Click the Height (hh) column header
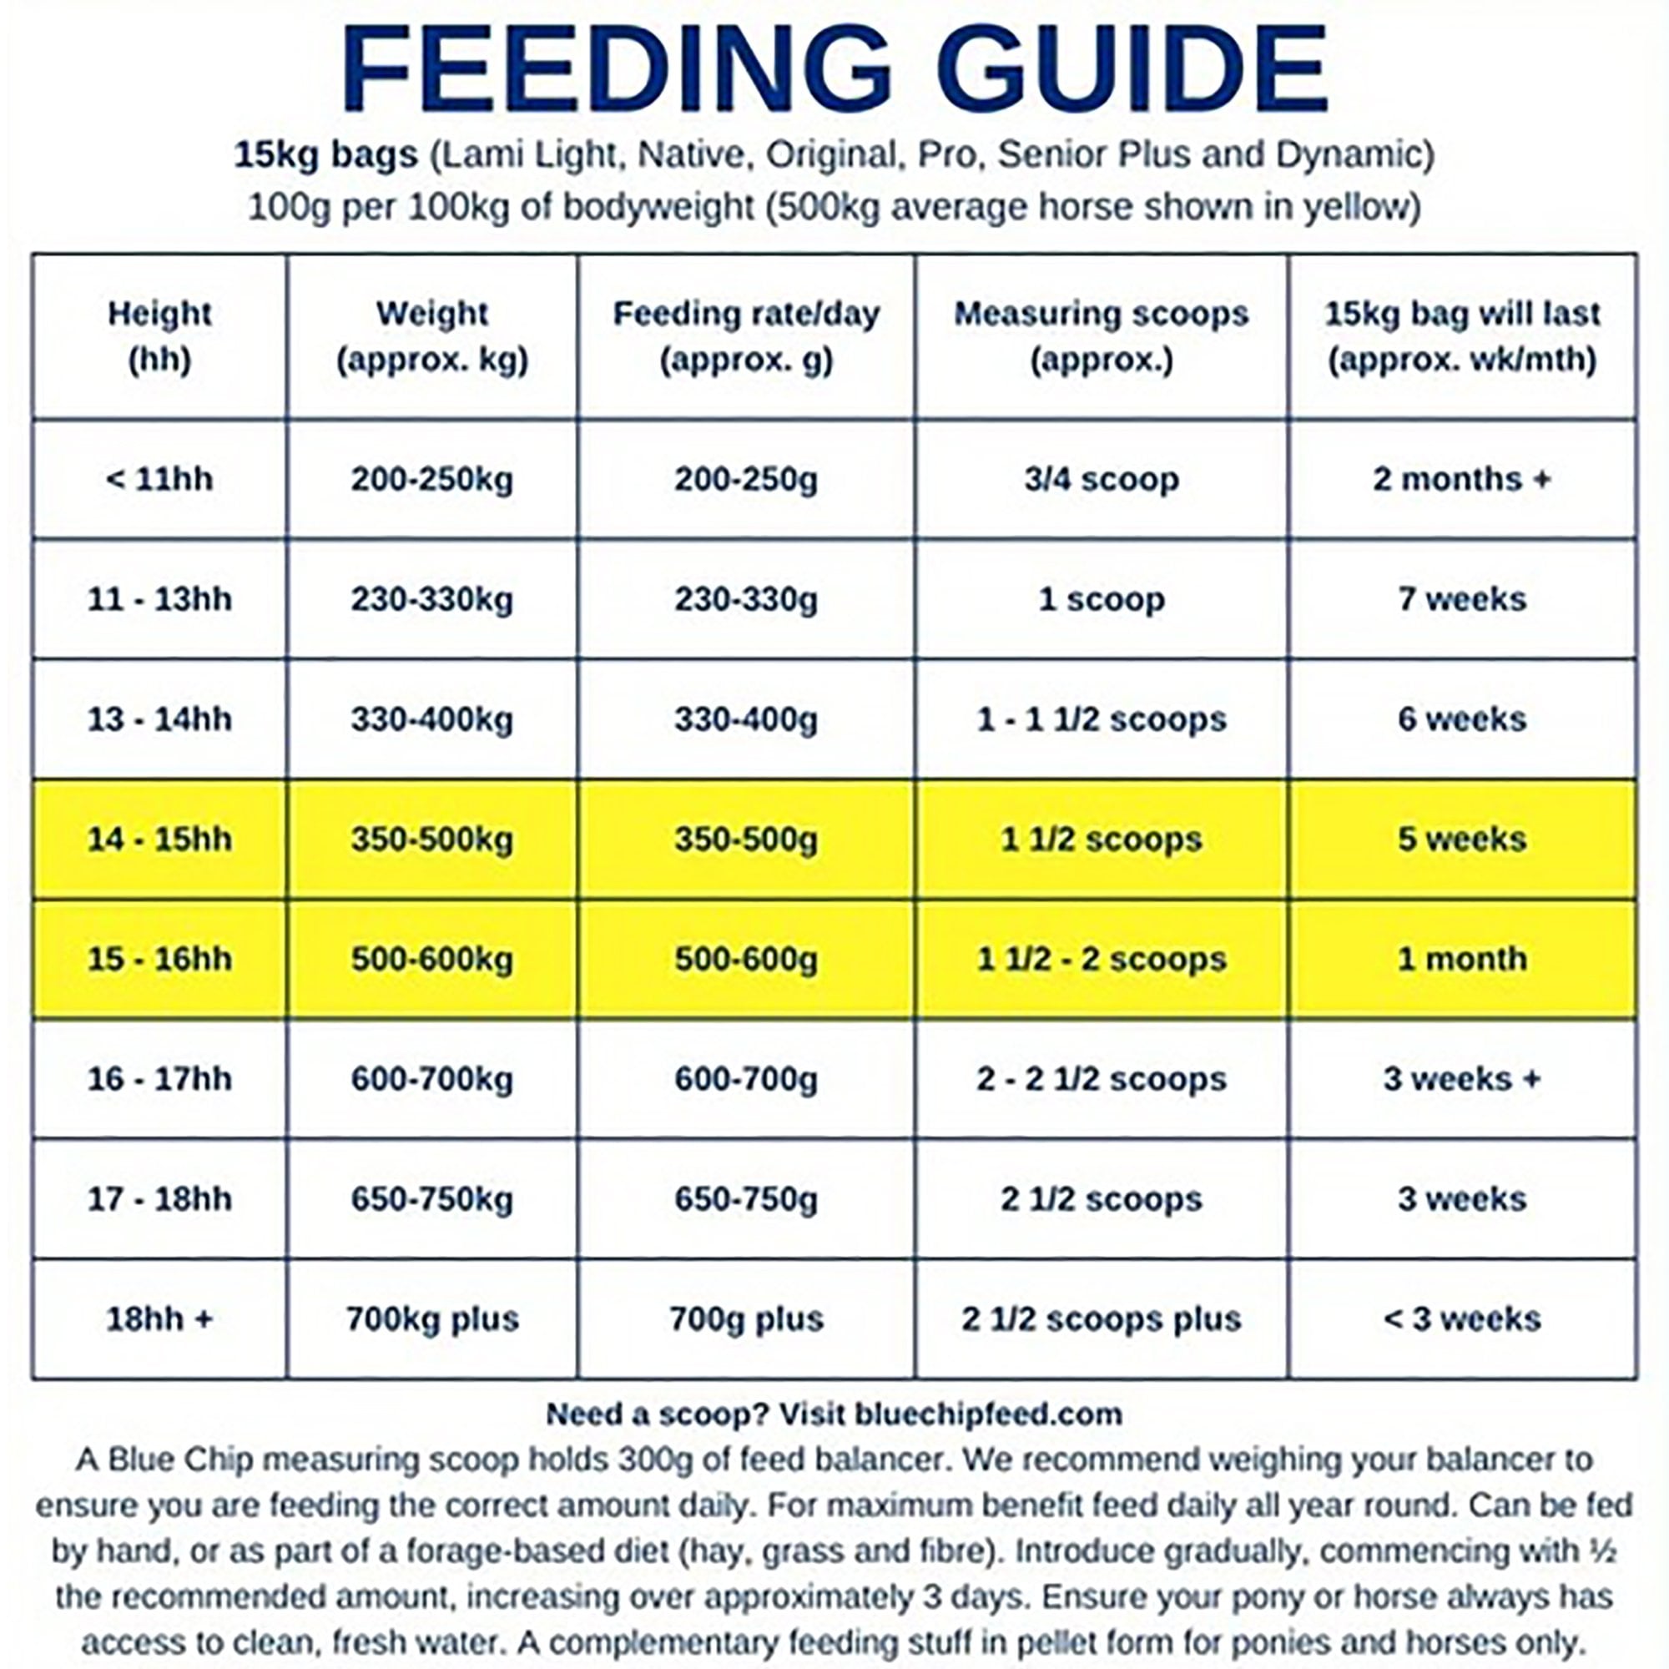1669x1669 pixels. (x=160, y=336)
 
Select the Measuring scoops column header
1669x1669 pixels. (x=1102, y=336)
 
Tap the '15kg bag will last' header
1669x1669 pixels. (x=1462, y=336)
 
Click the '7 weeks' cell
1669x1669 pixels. (x=1462, y=598)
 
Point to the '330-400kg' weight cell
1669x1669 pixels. (x=432, y=719)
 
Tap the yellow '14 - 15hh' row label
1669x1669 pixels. (x=160, y=839)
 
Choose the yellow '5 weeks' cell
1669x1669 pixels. (x=1462, y=839)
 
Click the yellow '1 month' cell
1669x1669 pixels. (x=1462, y=959)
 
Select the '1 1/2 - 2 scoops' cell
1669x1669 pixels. (x=1102, y=959)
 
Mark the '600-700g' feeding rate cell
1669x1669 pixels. (x=745, y=1079)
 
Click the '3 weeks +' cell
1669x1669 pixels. (x=1462, y=1079)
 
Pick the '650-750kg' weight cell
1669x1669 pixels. (x=432, y=1199)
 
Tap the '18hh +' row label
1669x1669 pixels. (x=160, y=1319)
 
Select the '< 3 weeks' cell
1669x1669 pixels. (x=1462, y=1319)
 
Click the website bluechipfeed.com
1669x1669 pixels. (x=988, y=1414)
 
